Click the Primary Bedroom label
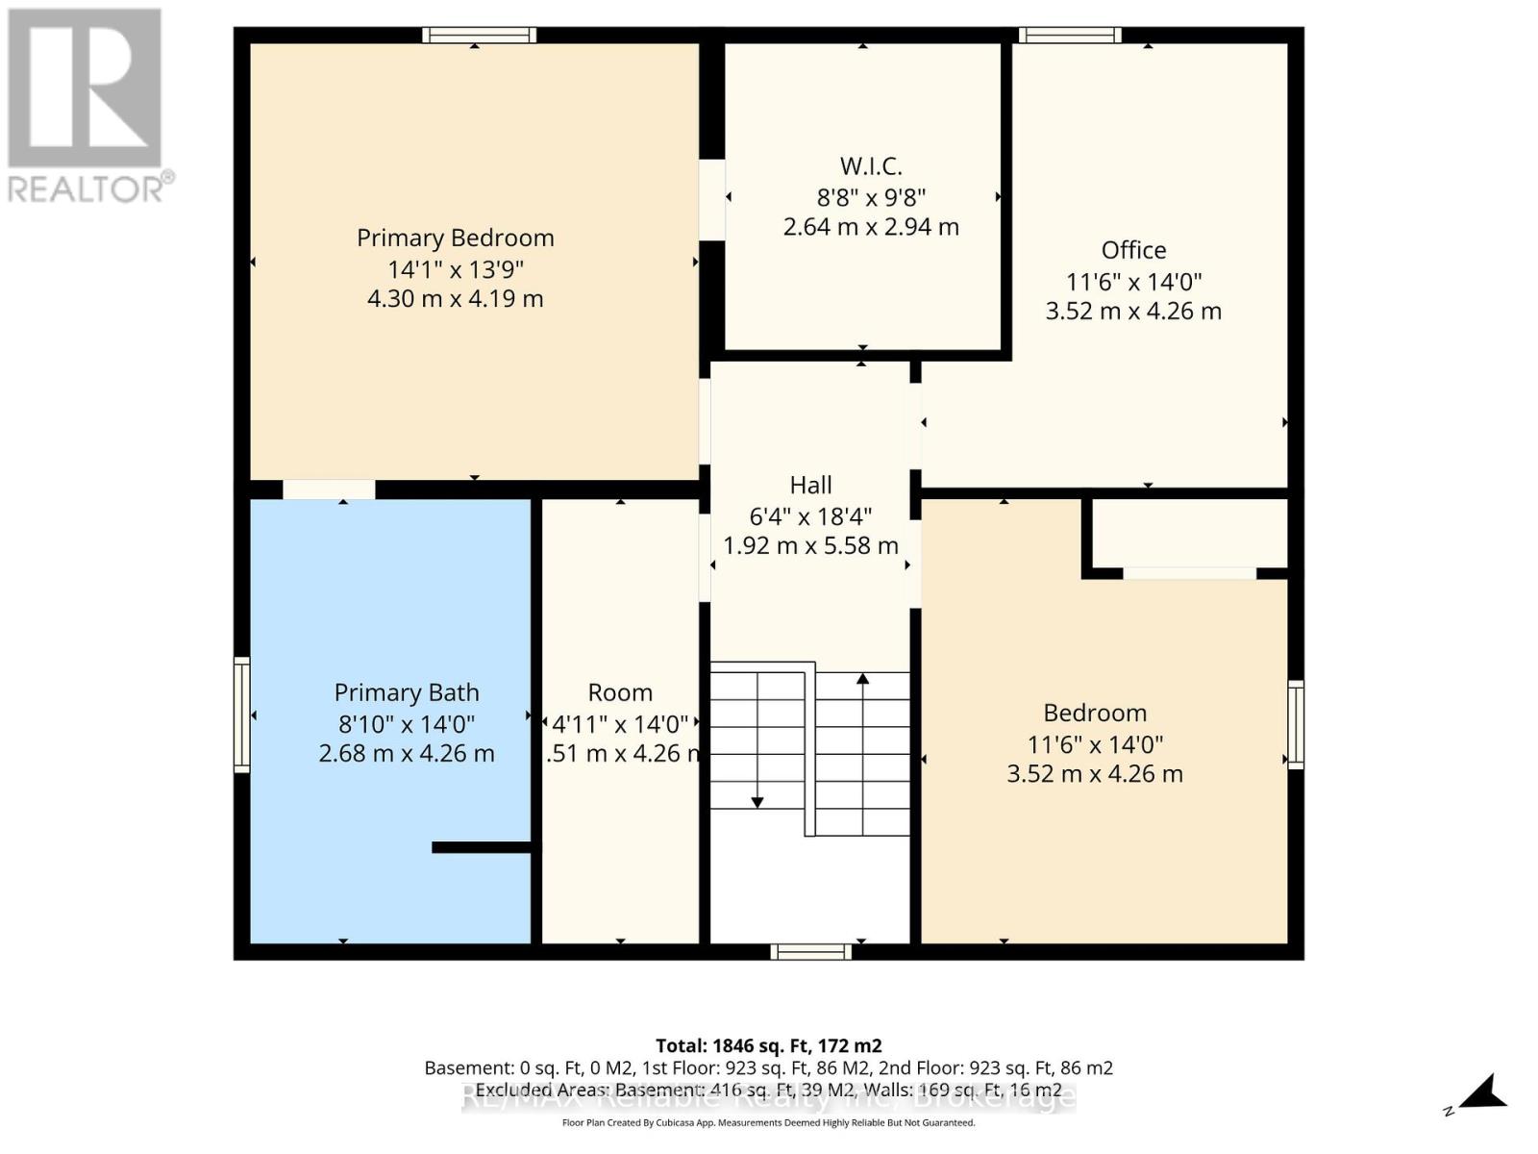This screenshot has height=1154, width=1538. [x=455, y=238]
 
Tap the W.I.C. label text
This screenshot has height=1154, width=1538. [x=871, y=166]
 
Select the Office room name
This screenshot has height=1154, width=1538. [x=1133, y=250]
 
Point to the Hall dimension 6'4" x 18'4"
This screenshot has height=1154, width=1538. [x=810, y=515]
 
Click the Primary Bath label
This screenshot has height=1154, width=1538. [x=407, y=692]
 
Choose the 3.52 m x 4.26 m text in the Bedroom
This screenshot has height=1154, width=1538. [x=1094, y=774]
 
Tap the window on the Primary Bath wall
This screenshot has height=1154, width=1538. [x=242, y=715]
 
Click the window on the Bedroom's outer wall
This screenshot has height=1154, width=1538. [x=1295, y=724]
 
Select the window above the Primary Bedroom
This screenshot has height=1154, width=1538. [x=479, y=36]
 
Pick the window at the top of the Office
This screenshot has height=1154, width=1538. [x=1070, y=36]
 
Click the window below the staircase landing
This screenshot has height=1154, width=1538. [x=810, y=952]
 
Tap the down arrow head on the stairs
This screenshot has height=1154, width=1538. [x=757, y=802]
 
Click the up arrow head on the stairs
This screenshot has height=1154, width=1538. [x=862, y=679]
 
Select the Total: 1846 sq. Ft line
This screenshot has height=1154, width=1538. [x=768, y=1045]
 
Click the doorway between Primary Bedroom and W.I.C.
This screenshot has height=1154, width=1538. [x=711, y=200]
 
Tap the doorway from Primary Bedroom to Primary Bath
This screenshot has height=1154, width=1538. [x=329, y=489]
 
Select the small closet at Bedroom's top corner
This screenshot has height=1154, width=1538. [x=1189, y=534]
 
